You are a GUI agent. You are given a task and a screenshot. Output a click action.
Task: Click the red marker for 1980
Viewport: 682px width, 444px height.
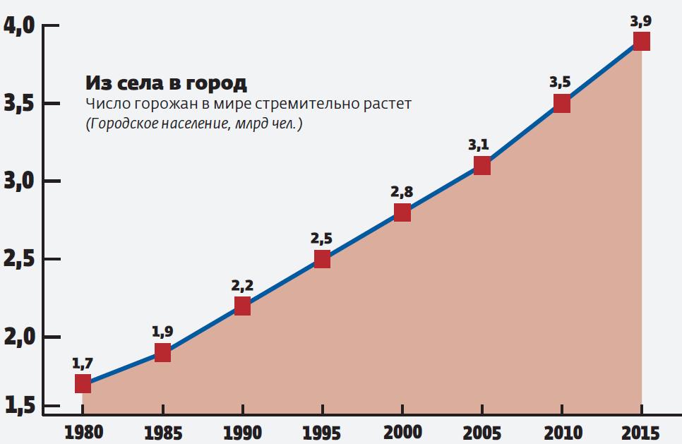click(x=83, y=383)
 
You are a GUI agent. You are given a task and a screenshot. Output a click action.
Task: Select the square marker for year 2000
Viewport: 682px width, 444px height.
click(x=402, y=212)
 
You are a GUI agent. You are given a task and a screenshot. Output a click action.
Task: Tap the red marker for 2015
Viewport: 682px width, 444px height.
click(x=641, y=42)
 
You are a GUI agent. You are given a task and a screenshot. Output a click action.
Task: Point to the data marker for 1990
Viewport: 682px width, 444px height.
click(x=242, y=306)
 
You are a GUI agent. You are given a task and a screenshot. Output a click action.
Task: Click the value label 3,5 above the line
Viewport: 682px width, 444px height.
click(x=560, y=82)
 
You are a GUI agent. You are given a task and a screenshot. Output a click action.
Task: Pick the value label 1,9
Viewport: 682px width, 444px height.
click(x=162, y=331)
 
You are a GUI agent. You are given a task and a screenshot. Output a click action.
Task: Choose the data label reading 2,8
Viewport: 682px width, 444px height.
click(x=401, y=191)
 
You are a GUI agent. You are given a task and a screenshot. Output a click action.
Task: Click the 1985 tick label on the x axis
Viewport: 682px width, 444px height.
click(x=162, y=431)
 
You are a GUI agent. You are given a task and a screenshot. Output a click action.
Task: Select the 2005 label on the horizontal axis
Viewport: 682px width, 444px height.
click(x=481, y=431)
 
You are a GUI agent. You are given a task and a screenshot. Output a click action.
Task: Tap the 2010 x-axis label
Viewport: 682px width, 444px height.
click(x=561, y=431)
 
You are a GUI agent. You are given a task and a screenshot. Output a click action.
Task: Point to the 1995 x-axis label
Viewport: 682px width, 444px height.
click(x=322, y=431)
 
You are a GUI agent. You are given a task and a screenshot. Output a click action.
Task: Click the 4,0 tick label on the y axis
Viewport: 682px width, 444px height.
click(x=20, y=27)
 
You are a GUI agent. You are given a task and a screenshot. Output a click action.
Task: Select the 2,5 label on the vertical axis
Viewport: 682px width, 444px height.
click(x=20, y=260)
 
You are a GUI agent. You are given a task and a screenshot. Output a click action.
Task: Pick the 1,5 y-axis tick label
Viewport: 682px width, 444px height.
click(x=20, y=406)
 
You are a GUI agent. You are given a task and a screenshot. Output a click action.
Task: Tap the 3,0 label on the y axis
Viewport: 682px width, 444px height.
click(x=20, y=182)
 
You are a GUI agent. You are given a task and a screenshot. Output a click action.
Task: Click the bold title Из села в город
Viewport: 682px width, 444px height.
click(x=166, y=83)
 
